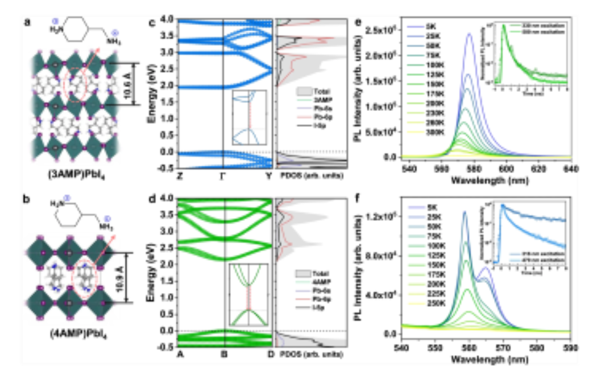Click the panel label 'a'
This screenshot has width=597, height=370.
click(x=27, y=23)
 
